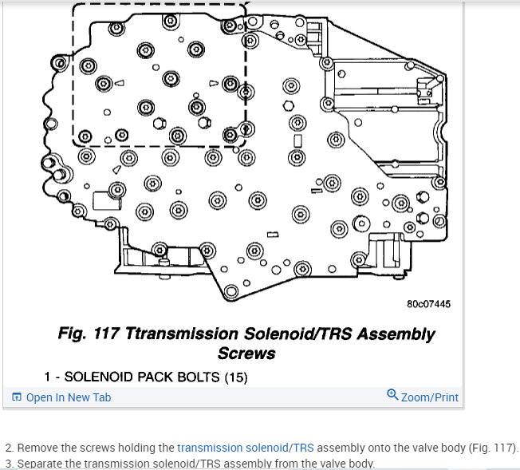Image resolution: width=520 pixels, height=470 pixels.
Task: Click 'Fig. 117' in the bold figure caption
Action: [x=89, y=334]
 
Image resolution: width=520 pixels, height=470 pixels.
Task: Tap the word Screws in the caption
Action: [x=246, y=352]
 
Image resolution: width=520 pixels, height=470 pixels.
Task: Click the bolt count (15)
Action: [x=235, y=376]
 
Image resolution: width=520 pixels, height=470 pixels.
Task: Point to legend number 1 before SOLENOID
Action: [x=47, y=376]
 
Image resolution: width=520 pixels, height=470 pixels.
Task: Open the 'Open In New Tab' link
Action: [x=69, y=397]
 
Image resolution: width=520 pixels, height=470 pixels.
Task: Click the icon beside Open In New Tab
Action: [x=17, y=397]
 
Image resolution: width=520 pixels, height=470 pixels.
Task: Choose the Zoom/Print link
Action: [x=429, y=397]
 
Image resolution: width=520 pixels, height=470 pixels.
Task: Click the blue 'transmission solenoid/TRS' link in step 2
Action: [x=246, y=448]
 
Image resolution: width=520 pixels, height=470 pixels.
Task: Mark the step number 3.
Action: [x=8, y=464]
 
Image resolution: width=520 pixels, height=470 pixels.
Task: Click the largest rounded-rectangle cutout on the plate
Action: [x=105, y=200]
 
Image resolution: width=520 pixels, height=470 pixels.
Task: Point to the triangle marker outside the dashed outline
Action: [x=117, y=170]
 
